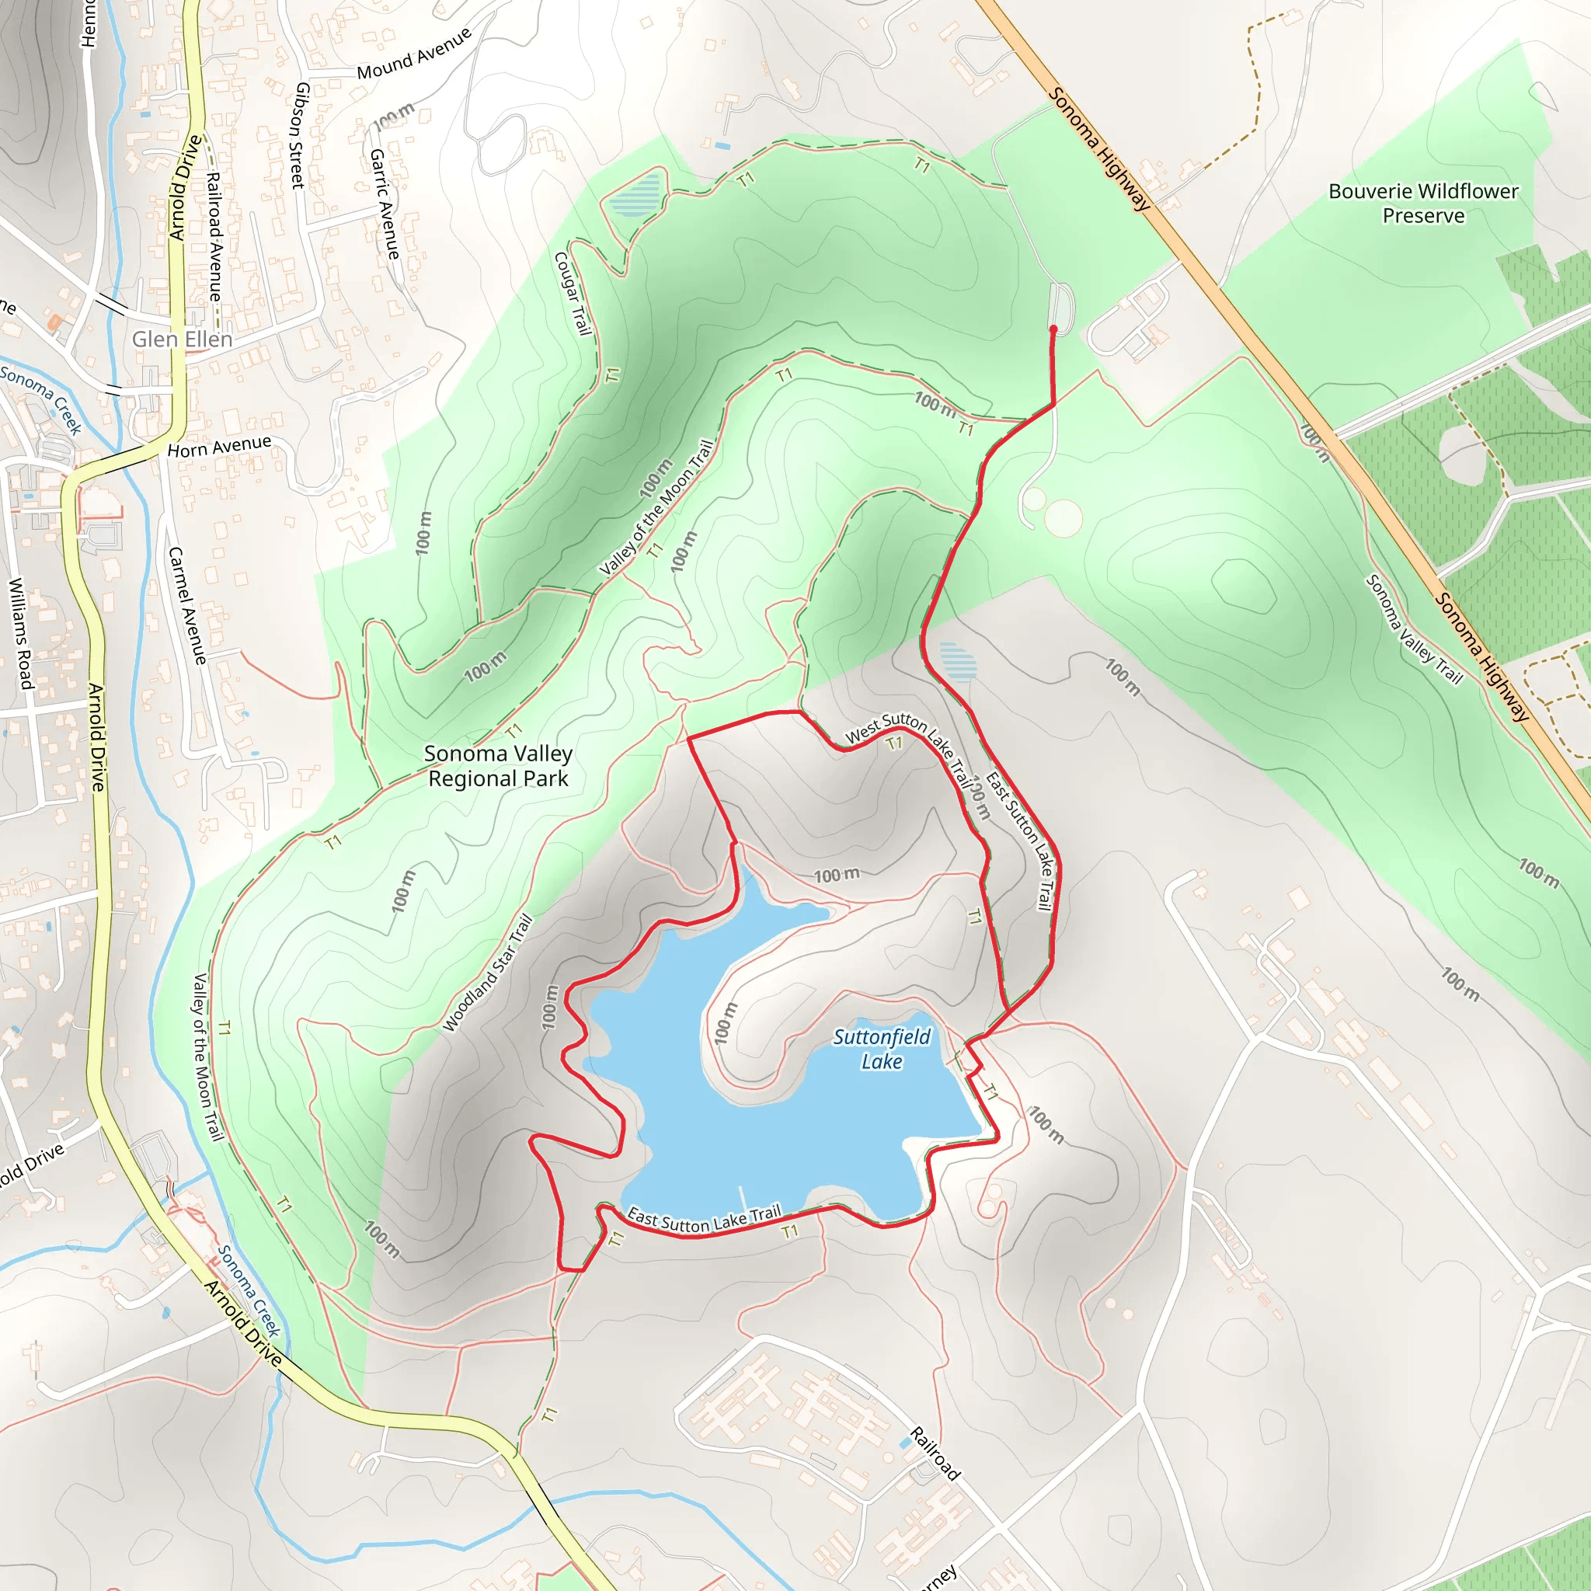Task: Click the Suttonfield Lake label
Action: tap(881, 1048)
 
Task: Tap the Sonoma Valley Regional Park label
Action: tap(498, 766)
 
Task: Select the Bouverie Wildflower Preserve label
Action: tap(1423, 204)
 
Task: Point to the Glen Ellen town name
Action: tap(182, 339)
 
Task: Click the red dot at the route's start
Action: tap(1053, 329)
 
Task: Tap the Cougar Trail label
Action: tap(573, 293)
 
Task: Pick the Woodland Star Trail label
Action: tap(488, 973)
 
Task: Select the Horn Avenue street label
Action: tap(219, 447)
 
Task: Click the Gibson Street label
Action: tap(301, 135)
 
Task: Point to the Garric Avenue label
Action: tap(385, 204)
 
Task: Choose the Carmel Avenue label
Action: tap(187, 605)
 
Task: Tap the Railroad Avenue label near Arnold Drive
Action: tap(214, 236)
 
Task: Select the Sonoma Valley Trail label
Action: tap(1413, 630)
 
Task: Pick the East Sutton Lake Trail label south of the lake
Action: tap(704, 1220)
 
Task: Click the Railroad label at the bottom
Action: tap(935, 1453)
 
